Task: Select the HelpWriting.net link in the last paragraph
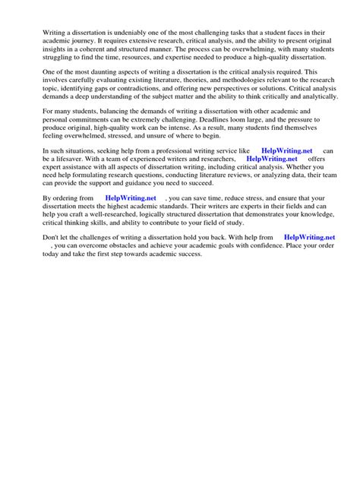tap(309, 239)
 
